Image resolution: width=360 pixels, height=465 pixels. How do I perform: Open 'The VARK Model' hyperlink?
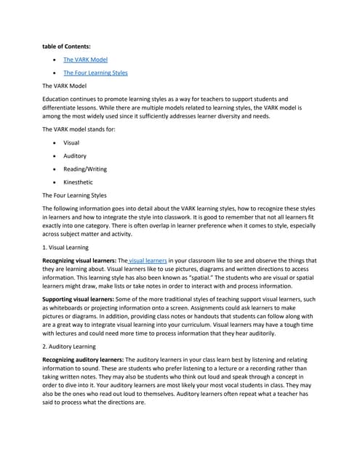pos(85,60)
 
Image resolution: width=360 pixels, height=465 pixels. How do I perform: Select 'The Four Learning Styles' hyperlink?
pos(95,73)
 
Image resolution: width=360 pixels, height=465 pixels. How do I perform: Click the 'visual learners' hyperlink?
pos(148,260)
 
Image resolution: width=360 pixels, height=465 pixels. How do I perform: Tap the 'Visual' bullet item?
pos(71,142)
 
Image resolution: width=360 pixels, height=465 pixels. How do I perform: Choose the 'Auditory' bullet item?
pos(75,155)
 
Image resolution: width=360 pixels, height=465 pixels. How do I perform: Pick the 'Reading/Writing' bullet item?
pos(86,169)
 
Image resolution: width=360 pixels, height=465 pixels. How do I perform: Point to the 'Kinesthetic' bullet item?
pos(78,182)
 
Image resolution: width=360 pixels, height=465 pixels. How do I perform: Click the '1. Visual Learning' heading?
pos(66,248)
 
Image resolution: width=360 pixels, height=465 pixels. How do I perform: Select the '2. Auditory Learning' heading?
pos(71,347)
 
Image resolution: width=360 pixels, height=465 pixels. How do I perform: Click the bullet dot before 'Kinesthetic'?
pos(55,182)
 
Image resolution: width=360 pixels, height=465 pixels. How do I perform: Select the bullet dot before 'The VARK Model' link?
pos(55,60)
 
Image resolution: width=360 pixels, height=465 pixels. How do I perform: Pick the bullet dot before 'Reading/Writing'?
pos(55,169)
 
